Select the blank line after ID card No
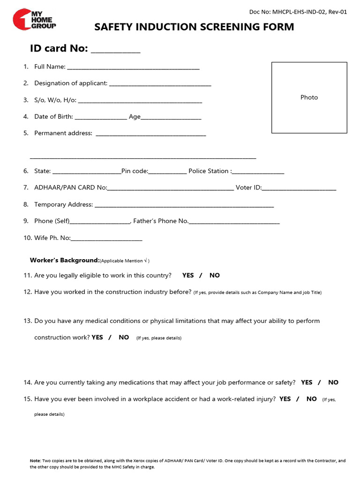point(115,50)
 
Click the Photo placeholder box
point(309,97)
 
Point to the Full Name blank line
point(133,68)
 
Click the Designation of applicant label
point(71,83)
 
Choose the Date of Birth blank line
point(100,118)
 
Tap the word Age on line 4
point(135,117)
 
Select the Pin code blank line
point(167,172)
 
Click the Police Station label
point(209,171)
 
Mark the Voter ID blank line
point(299,189)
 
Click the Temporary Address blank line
point(184,206)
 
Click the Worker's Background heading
point(65,260)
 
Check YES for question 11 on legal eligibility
point(188,275)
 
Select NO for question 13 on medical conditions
point(124,337)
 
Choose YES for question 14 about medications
point(307,382)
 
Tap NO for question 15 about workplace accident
point(312,399)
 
